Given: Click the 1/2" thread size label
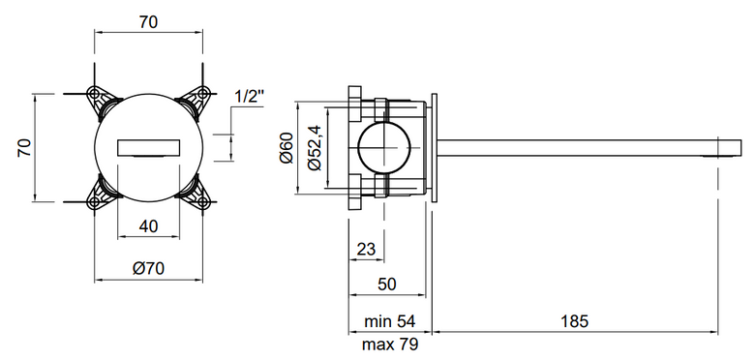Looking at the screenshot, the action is pos(250,97).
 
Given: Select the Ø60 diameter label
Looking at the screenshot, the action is pos(286,148).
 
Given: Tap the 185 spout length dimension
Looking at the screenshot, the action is pos(574,320).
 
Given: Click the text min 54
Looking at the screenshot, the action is pos(389,320).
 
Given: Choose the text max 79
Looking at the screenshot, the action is pos(390,345).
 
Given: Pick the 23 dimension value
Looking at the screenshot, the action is pos(366,249).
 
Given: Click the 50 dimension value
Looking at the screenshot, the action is pos(386,285).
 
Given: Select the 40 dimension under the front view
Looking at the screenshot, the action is pos(148,225).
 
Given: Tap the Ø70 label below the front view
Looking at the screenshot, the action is pos(148,268).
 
